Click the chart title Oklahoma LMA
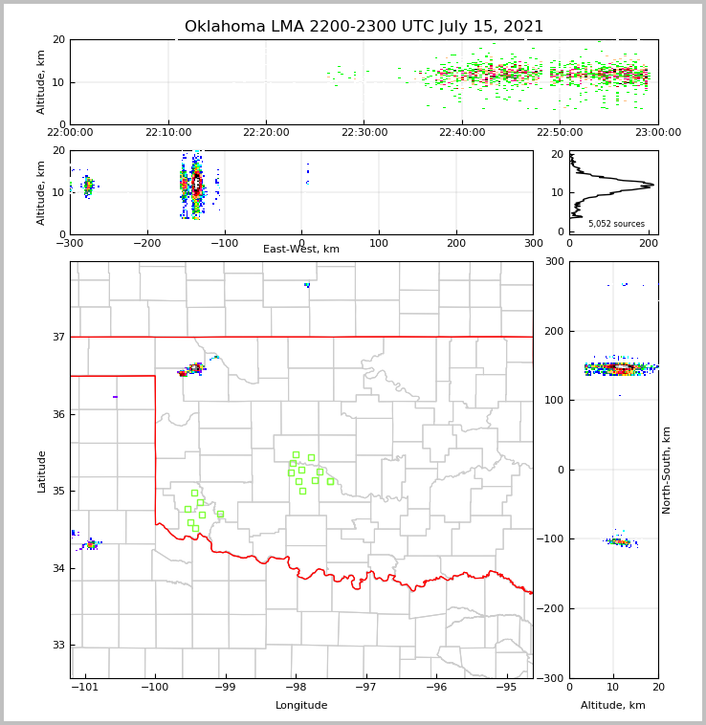tap(364, 27)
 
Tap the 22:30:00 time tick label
tap(364, 133)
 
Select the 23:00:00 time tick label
tap(657, 133)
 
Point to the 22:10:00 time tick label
tap(168, 133)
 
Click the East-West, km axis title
tap(301, 250)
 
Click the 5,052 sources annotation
tap(616, 224)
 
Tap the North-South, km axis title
tap(667, 470)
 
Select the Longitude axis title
tap(301, 706)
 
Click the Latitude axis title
tap(42, 471)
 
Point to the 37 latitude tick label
tap(59, 338)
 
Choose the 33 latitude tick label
tap(59, 646)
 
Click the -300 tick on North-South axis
tap(553, 678)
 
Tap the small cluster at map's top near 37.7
tap(307, 285)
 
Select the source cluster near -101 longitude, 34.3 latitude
tap(91, 544)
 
